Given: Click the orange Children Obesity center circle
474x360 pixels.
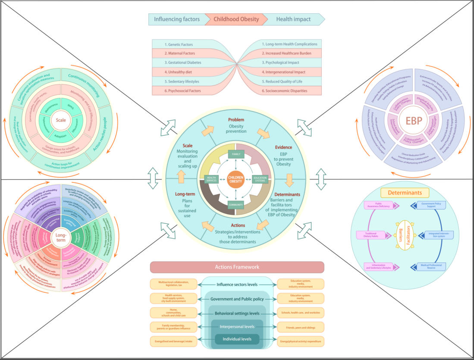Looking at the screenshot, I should [236, 179].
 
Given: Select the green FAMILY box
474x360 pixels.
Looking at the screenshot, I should [236, 154].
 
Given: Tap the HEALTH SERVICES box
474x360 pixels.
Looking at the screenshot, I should [211, 180].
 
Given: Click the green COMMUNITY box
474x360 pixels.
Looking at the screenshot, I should [236, 205].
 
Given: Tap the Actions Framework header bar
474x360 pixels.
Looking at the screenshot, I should [237, 267].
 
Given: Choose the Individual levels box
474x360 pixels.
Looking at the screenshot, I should [237, 339].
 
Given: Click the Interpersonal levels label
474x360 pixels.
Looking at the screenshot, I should [237, 327].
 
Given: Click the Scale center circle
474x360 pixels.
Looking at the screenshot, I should [61, 120].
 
